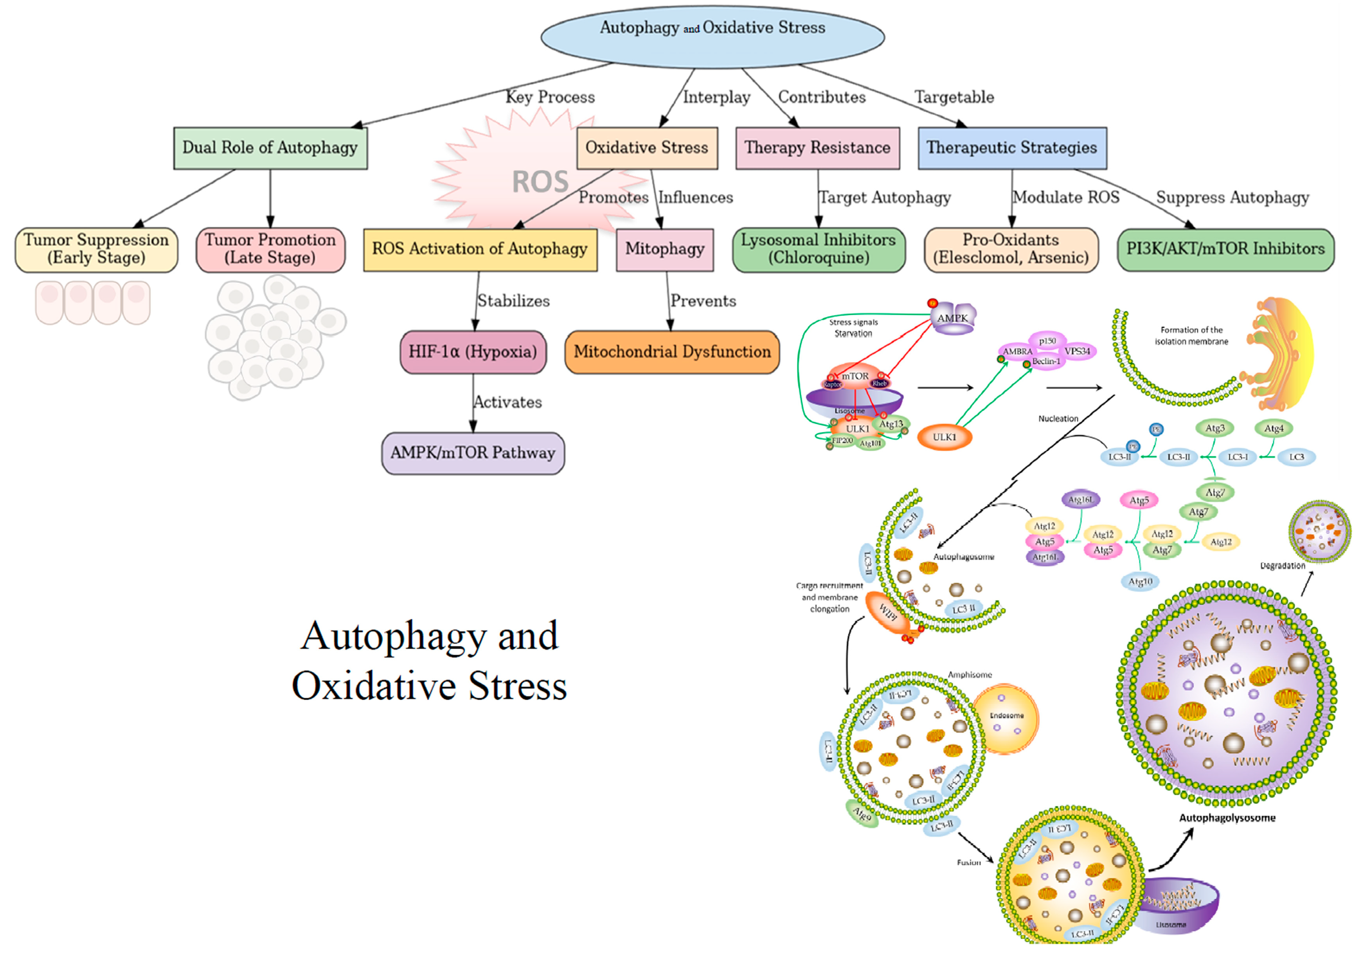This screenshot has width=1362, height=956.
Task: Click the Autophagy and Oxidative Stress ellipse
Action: point(712,36)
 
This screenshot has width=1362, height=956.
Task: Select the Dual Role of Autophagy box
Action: point(270,148)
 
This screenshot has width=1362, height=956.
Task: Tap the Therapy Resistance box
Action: point(817,148)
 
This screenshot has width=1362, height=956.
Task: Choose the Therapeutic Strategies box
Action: point(1011,148)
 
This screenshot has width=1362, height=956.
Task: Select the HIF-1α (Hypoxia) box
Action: point(472,352)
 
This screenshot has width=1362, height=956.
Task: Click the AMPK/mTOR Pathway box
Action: point(472,453)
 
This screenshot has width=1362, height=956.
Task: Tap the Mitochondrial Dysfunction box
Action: point(671,352)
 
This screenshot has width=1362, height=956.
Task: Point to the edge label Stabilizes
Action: point(513,301)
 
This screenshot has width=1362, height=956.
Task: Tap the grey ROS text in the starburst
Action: point(540,181)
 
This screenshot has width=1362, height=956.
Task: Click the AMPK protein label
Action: point(952,318)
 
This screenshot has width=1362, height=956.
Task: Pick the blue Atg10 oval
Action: point(1139,582)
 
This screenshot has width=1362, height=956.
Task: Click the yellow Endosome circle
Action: point(1006,719)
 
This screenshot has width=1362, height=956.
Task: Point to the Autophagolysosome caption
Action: point(1227,818)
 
